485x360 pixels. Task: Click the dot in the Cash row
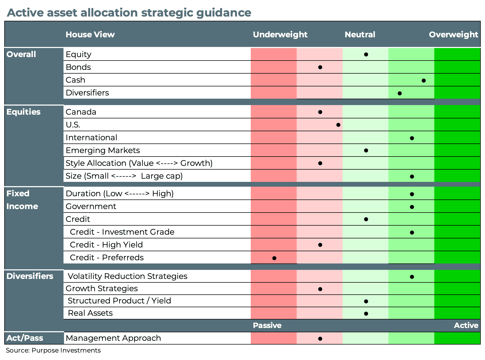click(x=424, y=81)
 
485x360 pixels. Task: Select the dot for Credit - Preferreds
click(x=274, y=258)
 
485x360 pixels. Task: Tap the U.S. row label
click(x=73, y=125)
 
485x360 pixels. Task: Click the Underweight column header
click(x=280, y=35)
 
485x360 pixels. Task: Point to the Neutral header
click(x=360, y=35)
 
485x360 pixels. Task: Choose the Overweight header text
click(x=453, y=35)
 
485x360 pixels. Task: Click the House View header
click(x=90, y=35)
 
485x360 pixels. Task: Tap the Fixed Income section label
click(x=22, y=200)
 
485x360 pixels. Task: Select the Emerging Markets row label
click(x=103, y=150)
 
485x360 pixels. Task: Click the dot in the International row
click(x=412, y=138)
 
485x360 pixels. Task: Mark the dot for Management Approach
click(x=320, y=339)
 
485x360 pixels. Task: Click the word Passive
click(x=267, y=325)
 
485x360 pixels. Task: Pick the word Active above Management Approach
click(x=466, y=325)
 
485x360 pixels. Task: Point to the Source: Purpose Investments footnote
click(x=53, y=350)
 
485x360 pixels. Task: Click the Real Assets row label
click(x=90, y=313)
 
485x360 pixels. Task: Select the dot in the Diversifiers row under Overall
click(x=400, y=93)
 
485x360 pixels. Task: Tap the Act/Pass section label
click(x=25, y=338)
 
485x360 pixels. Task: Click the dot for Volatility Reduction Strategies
click(x=412, y=277)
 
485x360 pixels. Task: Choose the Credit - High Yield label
click(x=106, y=245)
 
